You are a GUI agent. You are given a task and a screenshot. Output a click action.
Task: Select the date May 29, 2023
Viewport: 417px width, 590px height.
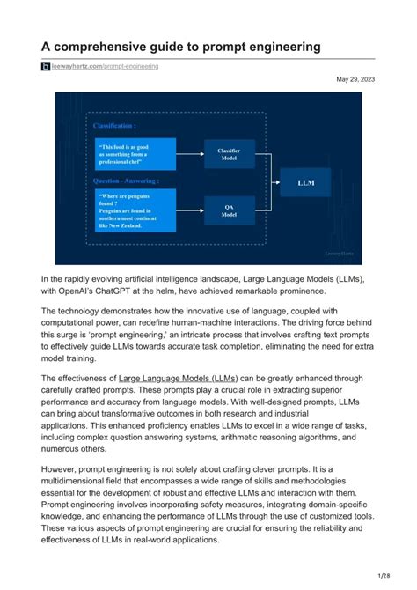[x=355, y=80]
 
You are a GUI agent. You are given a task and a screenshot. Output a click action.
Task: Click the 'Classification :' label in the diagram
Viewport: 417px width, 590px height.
[x=115, y=126]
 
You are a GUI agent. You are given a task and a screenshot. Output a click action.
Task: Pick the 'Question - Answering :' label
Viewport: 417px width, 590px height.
[x=124, y=181]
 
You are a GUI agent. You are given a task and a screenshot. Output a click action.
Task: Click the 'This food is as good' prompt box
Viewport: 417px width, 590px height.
[x=135, y=153]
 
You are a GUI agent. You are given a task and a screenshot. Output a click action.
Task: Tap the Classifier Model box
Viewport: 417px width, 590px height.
[x=230, y=153]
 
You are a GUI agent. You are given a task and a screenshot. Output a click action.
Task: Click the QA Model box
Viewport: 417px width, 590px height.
[x=230, y=210]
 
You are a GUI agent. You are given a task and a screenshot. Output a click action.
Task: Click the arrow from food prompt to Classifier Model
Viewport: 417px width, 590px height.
[x=190, y=153]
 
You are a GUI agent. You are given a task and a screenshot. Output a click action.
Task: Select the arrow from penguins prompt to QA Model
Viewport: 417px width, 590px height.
[x=190, y=210]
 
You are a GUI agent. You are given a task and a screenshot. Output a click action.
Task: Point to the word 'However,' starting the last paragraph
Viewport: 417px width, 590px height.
[x=62, y=471]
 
